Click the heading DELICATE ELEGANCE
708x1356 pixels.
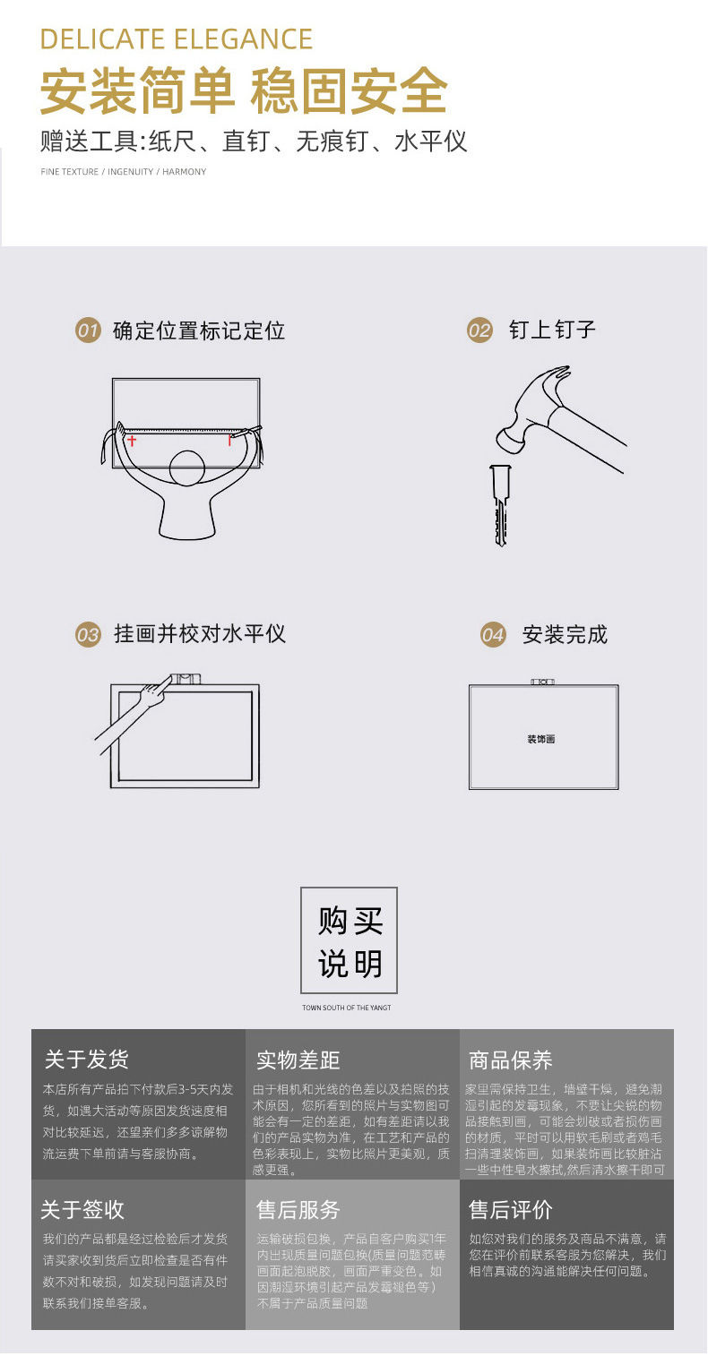tap(177, 39)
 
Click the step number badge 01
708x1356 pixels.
tap(87, 330)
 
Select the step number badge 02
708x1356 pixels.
tap(479, 330)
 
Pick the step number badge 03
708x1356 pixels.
tap(87, 635)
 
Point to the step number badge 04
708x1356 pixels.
tap(492, 635)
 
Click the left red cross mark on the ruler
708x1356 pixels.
tap(133, 440)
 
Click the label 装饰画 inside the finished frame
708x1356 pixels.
tap(541, 739)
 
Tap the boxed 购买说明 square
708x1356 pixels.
tap(348, 940)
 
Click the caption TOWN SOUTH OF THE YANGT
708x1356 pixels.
tap(347, 1008)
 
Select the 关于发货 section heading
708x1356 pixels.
tap(87, 1060)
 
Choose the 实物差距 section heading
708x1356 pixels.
tap(298, 1060)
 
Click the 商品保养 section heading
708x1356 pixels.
tap(511, 1060)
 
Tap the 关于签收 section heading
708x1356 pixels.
tap(82, 1209)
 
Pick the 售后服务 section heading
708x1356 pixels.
tap(298, 1210)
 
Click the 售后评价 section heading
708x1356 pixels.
tap(511, 1210)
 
